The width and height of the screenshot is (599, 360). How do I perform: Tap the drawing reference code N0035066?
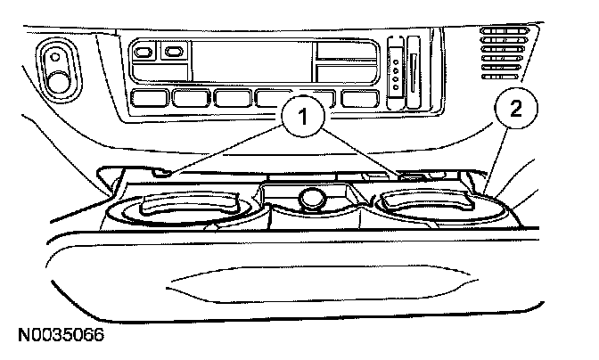click(62, 336)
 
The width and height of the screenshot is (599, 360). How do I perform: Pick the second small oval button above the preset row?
click(172, 53)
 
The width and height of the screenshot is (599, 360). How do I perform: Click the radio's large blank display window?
click(252, 61)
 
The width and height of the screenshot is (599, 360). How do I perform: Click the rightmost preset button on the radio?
click(358, 98)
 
